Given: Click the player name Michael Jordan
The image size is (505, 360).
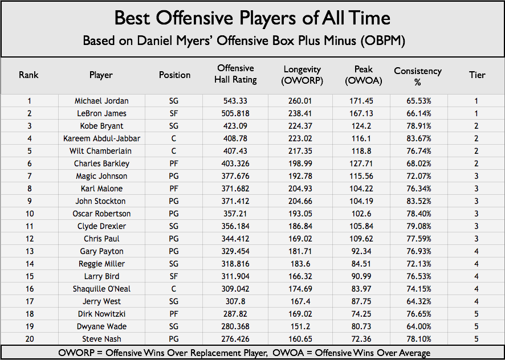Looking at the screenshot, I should [x=101, y=101].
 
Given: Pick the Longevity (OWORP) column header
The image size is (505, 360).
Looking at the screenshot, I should [x=303, y=75].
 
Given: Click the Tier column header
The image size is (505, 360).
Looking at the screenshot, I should [x=477, y=75].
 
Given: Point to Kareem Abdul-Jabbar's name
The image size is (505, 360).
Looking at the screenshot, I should [x=101, y=138].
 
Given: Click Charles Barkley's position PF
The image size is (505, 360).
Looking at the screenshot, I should [x=174, y=163].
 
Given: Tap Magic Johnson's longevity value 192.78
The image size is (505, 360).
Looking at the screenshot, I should [x=303, y=176].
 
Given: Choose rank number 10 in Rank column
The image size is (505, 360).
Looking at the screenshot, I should [x=28, y=214].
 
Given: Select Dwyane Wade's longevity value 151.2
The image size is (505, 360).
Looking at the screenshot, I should [x=303, y=326].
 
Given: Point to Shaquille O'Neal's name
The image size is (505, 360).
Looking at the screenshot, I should [x=101, y=289].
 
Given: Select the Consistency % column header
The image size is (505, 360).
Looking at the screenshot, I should [x=417, y=75].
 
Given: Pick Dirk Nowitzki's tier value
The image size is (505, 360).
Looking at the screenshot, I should [x=477, y=314].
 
